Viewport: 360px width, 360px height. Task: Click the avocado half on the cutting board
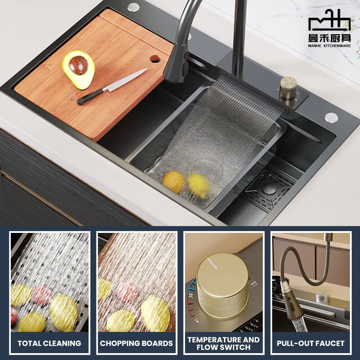pyautogui.click(x=78, y=69)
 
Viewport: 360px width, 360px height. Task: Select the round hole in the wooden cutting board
pyautogui.click(x=156, y=58)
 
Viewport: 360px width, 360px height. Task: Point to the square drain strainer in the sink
pyautogui.click(x=268, y=188)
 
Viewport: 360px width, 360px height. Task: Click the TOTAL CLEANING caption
pyautogui.click(x=50, y=343)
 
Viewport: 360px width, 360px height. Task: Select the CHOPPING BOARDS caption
pyautogui.click(x=136, y=343)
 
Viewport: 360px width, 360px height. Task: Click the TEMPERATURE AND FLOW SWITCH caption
pyautogui.click(x=224, y=343)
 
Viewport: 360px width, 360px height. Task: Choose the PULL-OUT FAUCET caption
pyautogui.click(x=311, y=343)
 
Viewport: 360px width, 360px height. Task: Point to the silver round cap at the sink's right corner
pyautogui.click(x=331, y=117)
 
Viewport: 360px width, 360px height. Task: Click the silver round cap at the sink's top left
pyautogui.click(x=134, y=7)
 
